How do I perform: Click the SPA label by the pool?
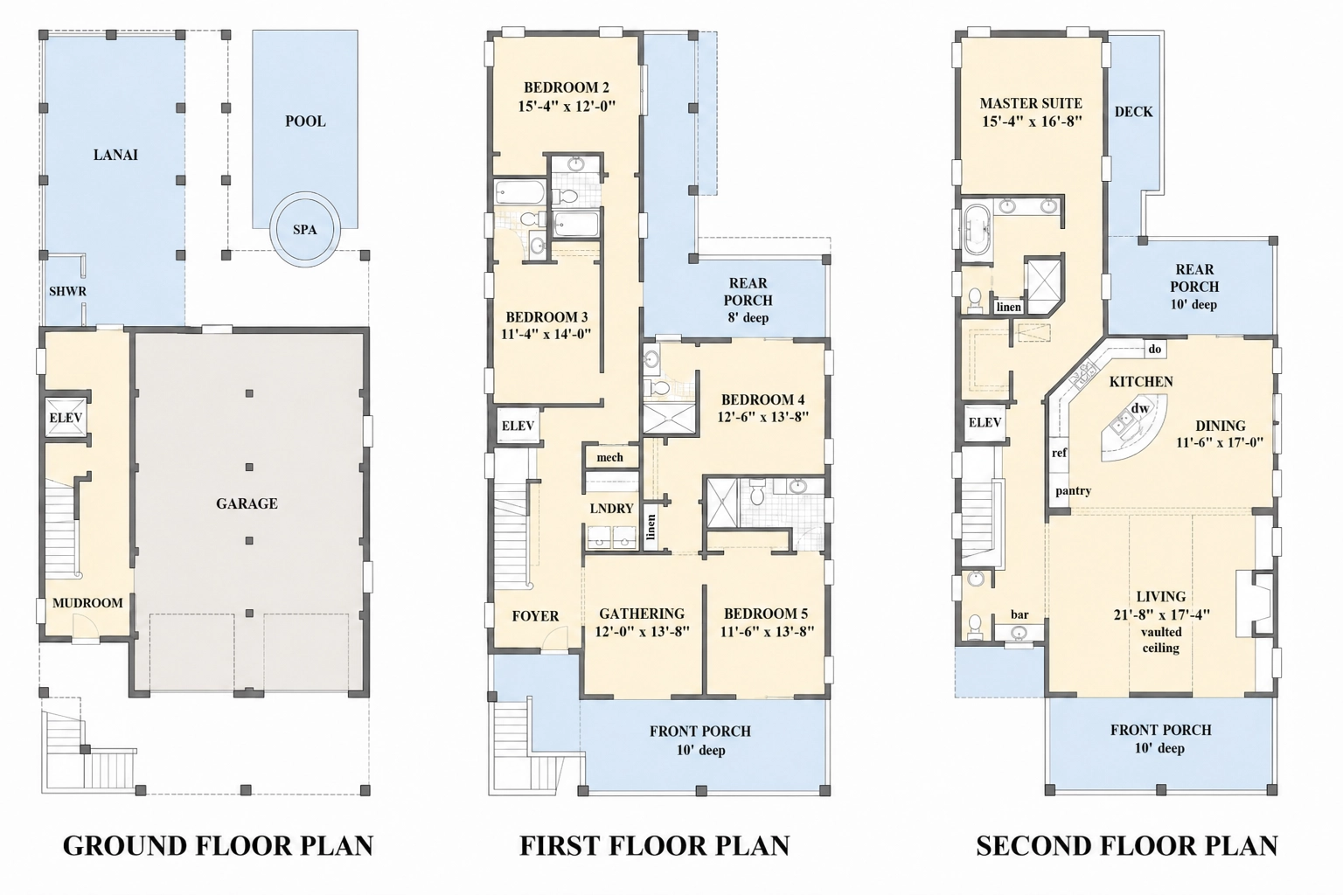coord(304,230)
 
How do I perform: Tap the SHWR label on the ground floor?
coord(67,292)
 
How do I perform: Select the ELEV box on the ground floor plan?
coord(66,418)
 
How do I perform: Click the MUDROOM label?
coord(87,603)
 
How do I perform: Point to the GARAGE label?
coord(247,503)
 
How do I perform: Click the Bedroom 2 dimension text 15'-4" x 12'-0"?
coord(567,106)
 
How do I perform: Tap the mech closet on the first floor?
coord(609,457)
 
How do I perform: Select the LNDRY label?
coord(611,509)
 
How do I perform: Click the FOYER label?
coord(535,616)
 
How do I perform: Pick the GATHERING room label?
coord(642,614)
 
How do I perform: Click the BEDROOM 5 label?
coord(766,614)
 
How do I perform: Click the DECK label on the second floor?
coord(1134,112)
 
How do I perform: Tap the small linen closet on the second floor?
coord(1008,307)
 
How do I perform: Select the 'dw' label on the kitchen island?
coord(1140,408)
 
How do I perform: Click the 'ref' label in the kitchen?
coord(1060,453)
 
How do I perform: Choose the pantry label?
coord(1073,491)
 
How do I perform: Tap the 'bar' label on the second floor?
coord(1019,614)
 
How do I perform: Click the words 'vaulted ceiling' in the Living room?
coord(1161,641)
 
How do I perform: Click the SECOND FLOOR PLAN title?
coord(1127,846)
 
